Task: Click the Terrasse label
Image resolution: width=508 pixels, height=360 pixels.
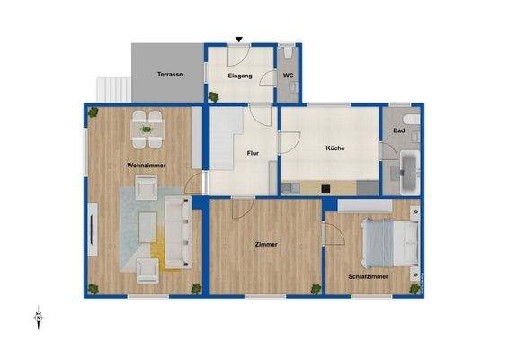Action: point(169,74)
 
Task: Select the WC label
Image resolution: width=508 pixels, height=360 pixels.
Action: point(289,76)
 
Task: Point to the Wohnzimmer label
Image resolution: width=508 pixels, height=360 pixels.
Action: point(147,166)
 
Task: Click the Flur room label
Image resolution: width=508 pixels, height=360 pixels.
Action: point(253,154)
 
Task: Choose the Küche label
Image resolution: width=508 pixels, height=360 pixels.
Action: point(334,148)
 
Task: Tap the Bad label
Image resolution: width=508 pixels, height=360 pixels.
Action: point(398,131)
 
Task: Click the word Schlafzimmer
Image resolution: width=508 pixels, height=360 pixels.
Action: point(370,277)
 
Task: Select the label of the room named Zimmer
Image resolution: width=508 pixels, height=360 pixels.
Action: point(265,244)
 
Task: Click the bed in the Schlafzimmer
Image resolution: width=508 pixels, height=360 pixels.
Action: point(389,239)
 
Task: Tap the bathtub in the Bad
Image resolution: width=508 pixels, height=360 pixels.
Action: point(407,172)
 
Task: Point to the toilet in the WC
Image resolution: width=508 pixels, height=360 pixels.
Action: point(287,53)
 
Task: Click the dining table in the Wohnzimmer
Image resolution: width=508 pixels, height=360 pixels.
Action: point(147,130)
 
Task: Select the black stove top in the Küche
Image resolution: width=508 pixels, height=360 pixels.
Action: point(325,188)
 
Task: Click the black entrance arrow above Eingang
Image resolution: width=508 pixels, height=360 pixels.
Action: point(238,39)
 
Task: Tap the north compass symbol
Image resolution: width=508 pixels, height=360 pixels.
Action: point(38,316)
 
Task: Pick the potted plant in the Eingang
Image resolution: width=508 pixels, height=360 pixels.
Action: point(214,95)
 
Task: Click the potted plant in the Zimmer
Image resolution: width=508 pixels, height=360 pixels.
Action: point(316,288)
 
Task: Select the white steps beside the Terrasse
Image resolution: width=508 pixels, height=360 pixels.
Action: point(114,88)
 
